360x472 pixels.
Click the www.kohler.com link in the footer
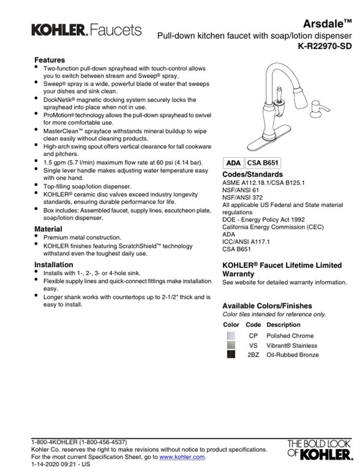click(x=182, y=457)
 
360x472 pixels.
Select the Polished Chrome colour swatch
click(x=231, y=336)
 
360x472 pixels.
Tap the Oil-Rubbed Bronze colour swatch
click(x=231, y=354)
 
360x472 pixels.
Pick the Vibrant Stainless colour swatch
click(x=231, y=345)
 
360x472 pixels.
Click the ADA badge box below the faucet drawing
click(x=233, y=163)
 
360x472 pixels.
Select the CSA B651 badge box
click(x=263, y=163)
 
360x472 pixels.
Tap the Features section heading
click(x=50, y=60)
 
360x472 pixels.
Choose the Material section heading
click(x=48, y=229)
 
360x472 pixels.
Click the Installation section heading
click(x=53, y=265)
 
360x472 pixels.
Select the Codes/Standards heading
click(x=252, y=174)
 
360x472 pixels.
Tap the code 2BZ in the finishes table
click(x=253, y=355)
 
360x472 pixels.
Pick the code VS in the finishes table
click(x=253, y=345)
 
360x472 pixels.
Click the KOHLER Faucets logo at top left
click(x=86, y=30)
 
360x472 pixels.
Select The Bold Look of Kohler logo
click(x=320, y=450)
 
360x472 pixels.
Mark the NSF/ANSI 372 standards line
click(x=242, y=197)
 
